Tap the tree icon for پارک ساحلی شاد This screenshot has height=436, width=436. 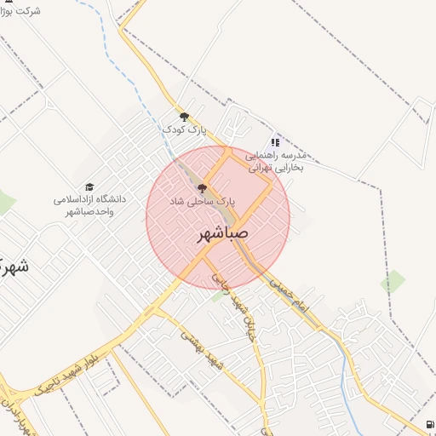pyautogui.click(x=201, y=188)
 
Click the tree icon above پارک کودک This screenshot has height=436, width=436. pyautogui.click(x=184, y=117)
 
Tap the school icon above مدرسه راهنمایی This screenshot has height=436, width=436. pyautogui.click(x=274, y=143)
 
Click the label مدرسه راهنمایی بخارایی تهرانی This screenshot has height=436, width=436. pyautogui.click(x=275, y=162)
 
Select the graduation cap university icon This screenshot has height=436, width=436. pyautogui.click(x=89, y=186)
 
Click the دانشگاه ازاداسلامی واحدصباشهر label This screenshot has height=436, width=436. pyautogui.click(x=89, y=205)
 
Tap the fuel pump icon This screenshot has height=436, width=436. pyautogui.click(x=427, y=425)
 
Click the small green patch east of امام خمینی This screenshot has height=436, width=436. pyautogui.click(x=393, y=281)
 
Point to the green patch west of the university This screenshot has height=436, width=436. pyautogui.click(x=6, y=203)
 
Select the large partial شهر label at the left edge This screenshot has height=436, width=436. pyautogui.click(x=12, y=264)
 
